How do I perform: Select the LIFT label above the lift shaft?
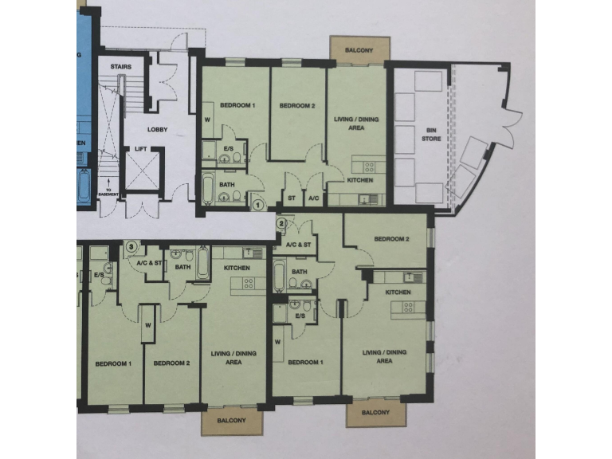click(x=140, y=148)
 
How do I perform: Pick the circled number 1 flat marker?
click(x=257, y=204)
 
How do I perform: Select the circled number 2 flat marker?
click(x=280, y=223)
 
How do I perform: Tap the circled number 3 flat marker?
click(x=131, y=247)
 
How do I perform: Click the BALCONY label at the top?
click(x=359, y=50)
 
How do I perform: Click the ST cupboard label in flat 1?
click(x=291, y=198)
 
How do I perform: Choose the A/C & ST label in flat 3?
click(x=149, y=262)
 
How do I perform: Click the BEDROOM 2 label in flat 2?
click(x=391, y=239)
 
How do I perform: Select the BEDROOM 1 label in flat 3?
click(x=114, y=363)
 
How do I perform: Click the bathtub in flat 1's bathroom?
click(x=209, y=190)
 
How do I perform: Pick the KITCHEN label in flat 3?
click(x=237, y=268)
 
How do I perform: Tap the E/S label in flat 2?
click(x=300, y=316)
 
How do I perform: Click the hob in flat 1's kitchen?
click(x=370, y=167)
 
